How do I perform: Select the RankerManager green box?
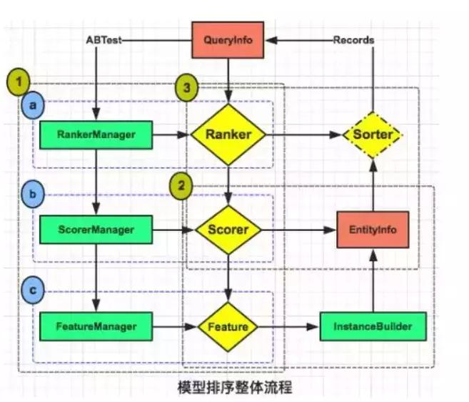tap(96, 134)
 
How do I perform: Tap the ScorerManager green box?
tap(96, 230)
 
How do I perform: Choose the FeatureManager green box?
tap(96, 326)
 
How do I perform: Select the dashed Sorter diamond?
tap(372, 134)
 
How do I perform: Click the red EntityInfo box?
tap(372, 230)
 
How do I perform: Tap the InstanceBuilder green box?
tap(372, 326)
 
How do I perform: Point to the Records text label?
tap(353, 40)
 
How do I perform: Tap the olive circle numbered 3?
tap(187, 89)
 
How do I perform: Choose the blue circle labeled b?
tap(31, 194)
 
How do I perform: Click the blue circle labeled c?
tap(31, 292)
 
